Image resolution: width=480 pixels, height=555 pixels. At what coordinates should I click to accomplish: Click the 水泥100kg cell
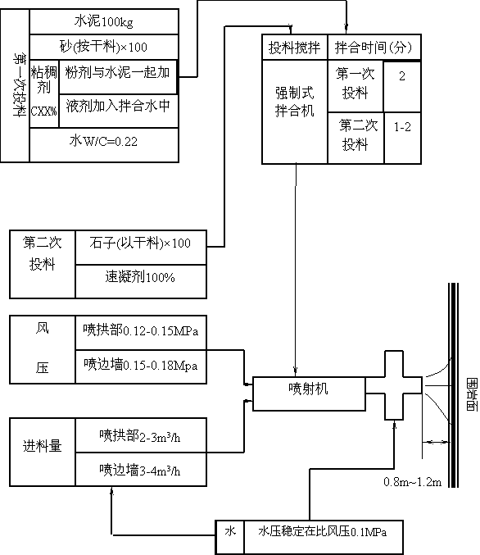coord(104,22)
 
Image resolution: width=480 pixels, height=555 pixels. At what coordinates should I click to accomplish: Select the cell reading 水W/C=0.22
coord(104,145)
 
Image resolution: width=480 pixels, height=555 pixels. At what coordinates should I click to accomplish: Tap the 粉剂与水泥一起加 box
coord(118,77)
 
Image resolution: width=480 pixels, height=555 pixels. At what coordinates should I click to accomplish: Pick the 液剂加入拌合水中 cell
coord(119,111)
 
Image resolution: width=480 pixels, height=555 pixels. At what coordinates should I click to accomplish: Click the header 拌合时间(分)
coord(374,47)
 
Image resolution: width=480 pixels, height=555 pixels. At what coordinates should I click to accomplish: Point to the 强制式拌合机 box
coord(295,111)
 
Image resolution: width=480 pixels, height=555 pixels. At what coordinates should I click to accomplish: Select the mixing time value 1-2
coord(402,138)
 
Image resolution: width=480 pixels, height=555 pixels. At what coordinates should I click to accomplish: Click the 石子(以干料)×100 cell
coord(141,248)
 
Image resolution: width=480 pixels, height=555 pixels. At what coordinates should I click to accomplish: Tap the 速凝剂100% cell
coord(141,281)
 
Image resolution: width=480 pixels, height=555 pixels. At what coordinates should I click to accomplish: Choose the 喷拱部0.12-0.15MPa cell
coord(141,333)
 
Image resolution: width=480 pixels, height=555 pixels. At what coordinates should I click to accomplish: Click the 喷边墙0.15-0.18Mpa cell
coord(141,366)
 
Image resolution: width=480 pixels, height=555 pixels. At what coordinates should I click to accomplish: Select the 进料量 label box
coord(43,452)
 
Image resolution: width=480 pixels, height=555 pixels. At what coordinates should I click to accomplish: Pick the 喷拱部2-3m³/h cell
coord(141,435)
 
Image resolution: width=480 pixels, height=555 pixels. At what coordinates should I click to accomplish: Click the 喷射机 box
coord(309,394)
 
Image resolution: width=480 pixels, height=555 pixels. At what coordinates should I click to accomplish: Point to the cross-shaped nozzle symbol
coord(394,385)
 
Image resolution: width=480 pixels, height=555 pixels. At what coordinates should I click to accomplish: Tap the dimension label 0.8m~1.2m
coord(413,482)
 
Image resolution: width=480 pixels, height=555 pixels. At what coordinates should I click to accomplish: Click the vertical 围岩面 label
coord(472,394)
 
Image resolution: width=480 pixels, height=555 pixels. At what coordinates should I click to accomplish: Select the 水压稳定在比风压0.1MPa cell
coord(324,537)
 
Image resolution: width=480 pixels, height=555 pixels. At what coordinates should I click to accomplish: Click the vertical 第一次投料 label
coord(20,85)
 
